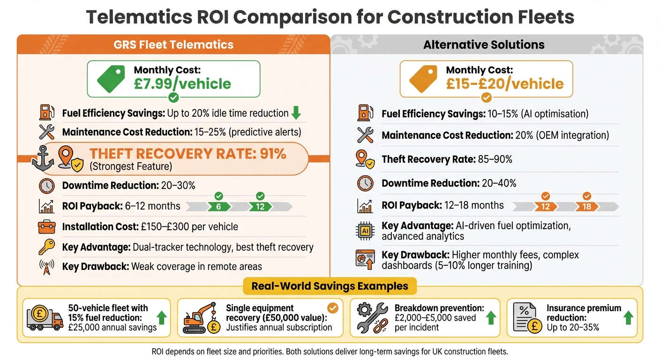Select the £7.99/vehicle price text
[x=182, y=84]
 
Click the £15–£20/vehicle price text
[x=504, y=84]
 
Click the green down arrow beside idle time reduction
[x=296, y=113]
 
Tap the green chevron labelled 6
[x=218, y=206]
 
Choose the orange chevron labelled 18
[x=586, y=206]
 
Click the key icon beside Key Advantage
[x=46, y=247]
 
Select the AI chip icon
[x=365, y=230]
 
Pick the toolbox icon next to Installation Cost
[x=46, y=227]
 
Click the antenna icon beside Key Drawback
[x=46, y=267]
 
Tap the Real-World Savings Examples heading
[x=330, y=286]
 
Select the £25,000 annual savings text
[x=112, y=328]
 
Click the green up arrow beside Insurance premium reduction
[x=629, y=318]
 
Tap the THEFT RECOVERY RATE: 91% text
[x=187, y=154]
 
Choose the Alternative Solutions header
[x=484, y=45]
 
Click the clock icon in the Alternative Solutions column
[x=365, y=183]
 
